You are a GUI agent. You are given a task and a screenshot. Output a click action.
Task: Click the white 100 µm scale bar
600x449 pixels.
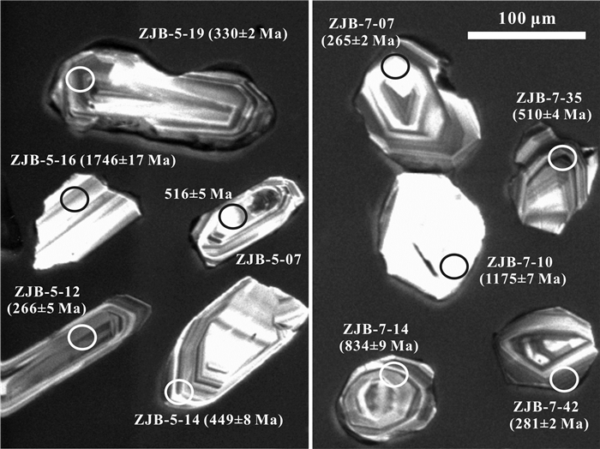[526, 36]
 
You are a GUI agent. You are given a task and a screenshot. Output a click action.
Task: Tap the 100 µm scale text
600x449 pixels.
[527, 18]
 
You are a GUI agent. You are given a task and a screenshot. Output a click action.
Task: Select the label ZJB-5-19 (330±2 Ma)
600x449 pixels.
[213, 34]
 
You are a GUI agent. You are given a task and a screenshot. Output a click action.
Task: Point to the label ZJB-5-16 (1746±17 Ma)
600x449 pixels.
[93, 160]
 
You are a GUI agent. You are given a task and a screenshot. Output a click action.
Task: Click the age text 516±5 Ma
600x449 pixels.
[198, 194]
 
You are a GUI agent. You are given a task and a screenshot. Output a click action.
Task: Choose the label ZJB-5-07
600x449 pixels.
[267, 260]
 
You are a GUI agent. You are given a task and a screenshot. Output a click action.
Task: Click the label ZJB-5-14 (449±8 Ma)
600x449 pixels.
[208, 420]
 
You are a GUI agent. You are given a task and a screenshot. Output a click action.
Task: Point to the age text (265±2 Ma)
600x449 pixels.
[361, 40]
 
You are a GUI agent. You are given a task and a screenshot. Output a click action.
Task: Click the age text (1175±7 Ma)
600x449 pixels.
[523, 278]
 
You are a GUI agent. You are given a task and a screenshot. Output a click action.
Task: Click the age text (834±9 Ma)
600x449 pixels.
[379, 345]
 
